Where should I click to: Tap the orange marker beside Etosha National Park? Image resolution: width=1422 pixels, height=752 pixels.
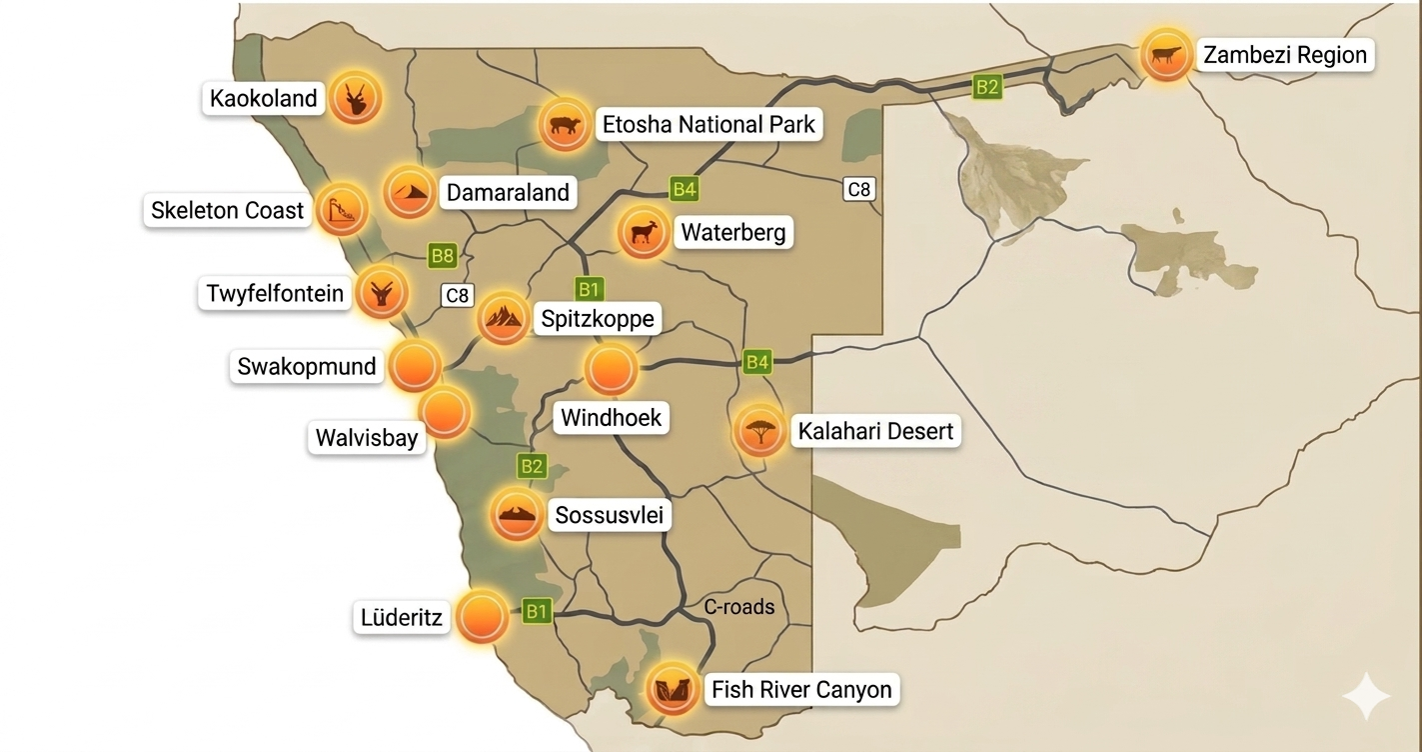[x=564, y=125]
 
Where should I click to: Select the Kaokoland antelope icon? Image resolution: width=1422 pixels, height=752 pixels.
[x=355, y=98]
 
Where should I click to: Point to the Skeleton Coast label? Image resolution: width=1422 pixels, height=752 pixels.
[x=227, y=210]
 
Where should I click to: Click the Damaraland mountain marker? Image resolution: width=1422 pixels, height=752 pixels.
[x=410, y=191]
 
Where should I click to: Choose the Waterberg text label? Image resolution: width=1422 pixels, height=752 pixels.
[x=732, y=232]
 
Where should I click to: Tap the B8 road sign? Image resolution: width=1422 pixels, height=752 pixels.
[x=442, y=256]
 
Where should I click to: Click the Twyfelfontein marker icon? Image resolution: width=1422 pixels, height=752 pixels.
[x=382, y=292]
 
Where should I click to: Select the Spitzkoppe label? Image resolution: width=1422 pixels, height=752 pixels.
[x=597, y=319]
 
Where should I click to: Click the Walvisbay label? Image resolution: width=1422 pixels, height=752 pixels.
[x=366, y=437]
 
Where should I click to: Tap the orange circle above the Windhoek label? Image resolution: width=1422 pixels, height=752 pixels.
[x=611, y=369]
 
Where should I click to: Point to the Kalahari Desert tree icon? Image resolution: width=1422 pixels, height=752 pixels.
[x=759, y=432]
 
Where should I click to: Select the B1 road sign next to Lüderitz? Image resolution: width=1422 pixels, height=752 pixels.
[x=538, y=611]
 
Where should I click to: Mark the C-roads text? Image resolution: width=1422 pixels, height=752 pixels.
[x=738, y=606]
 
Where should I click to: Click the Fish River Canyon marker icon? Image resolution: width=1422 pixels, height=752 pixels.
[x=672, y=688]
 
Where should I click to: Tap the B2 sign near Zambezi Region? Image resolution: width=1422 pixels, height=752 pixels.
[x=986, y=87]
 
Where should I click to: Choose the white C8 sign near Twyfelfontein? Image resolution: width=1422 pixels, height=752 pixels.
[x=457, y=295]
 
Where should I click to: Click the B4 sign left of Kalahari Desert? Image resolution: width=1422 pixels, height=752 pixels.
[x=756, y=362]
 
